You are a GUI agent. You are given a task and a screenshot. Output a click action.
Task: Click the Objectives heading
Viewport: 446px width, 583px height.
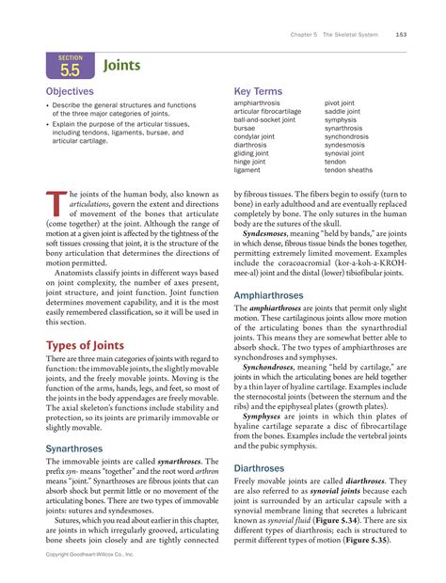(71, 91)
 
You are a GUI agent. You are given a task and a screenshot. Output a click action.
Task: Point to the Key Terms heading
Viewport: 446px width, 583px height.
(258, 91)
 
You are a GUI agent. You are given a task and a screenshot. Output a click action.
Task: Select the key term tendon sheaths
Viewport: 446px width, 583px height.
(349, 170)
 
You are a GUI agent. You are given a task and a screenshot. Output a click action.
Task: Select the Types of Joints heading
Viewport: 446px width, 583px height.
(91, 346)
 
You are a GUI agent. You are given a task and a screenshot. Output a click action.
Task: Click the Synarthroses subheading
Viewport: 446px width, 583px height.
(80, 449)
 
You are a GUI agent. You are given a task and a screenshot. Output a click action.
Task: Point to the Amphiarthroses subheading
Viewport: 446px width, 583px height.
(273, 295)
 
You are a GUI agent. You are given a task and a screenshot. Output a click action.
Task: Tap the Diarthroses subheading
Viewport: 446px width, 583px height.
(260, 467)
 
